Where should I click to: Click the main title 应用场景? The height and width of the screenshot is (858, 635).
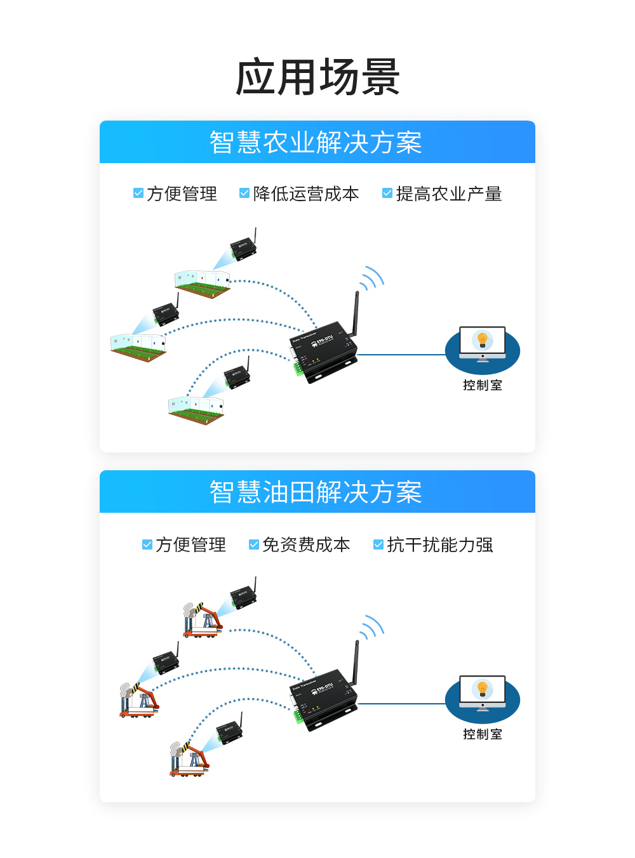point(317,77)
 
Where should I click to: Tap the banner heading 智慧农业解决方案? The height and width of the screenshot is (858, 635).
point(316,143)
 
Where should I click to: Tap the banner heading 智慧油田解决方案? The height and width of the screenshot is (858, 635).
point(316,492)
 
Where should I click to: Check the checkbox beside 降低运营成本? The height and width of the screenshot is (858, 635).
point(244,193)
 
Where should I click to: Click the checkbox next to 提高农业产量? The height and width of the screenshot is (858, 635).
point(387,193)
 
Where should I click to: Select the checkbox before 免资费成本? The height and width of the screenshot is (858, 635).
point(253,544)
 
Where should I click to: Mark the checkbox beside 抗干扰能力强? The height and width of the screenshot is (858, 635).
point(378,544)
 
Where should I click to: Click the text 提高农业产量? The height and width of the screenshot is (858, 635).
point(449,194)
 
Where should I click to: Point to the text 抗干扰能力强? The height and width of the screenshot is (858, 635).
point(440,544)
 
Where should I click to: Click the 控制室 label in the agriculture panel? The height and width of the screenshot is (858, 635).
point(483,385)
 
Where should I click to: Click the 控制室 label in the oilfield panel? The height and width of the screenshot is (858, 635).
point(483,734)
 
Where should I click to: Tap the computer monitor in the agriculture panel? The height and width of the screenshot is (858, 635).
point(483,343)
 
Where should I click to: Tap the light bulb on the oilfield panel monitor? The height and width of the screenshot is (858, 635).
point(483,689)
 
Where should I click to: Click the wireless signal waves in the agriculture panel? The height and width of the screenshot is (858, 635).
point(373,278)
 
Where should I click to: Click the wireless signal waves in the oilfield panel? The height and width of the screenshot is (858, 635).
point(373,627)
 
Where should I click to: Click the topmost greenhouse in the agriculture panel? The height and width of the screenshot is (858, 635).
point(202,283)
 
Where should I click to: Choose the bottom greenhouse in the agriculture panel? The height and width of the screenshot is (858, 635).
point(196,409)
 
